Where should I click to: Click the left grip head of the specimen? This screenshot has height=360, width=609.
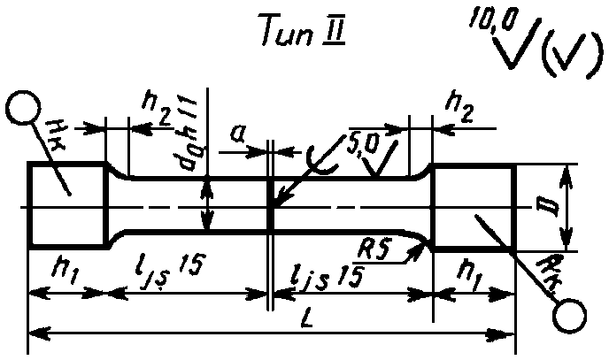click(69, 205)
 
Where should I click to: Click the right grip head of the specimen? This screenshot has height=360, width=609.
click(472, 205)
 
